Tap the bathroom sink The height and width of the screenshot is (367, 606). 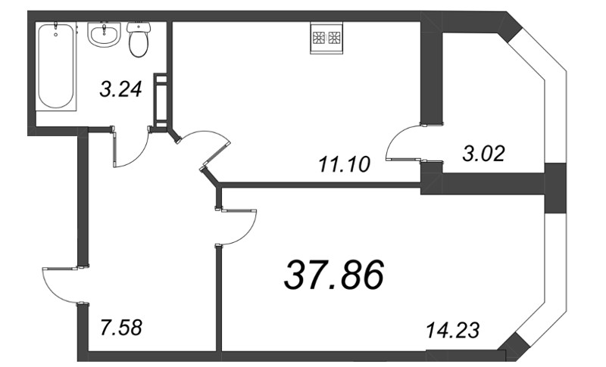click(x=103, y=34)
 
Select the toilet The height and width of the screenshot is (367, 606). click(x=138, y=41)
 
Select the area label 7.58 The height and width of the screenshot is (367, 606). click(x=121, y=328)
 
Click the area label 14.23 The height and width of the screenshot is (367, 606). click(x=455, y=330)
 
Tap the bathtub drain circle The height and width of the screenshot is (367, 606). click(x=58, y=33)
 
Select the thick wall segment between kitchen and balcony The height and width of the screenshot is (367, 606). click(x=431, y=76)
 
